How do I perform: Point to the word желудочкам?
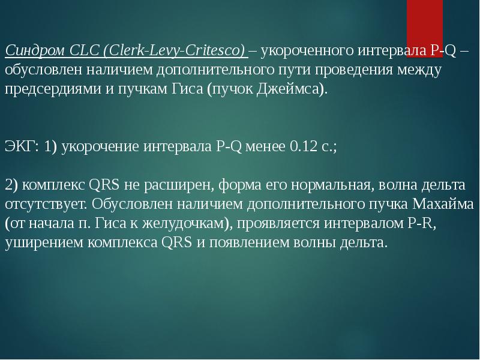179,223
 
